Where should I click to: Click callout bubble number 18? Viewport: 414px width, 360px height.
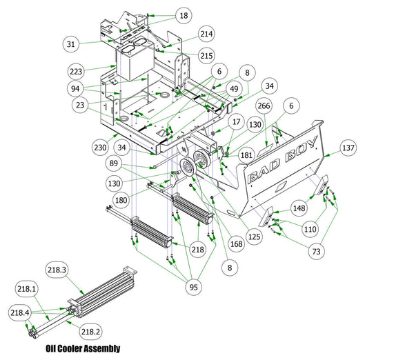coord(183,15)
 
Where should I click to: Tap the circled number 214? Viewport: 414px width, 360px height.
coord(206,34)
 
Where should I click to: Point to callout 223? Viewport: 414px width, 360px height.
coord(77,71)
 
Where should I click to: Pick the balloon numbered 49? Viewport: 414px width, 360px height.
coord(234,89)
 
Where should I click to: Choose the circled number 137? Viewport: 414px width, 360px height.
coord(348,148)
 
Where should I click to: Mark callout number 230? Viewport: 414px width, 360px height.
coord(99,147)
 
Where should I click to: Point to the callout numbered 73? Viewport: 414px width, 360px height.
coord(316,252)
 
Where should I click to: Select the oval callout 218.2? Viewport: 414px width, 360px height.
coord(91,331)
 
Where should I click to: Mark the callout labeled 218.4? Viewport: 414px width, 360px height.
coord(19,313)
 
